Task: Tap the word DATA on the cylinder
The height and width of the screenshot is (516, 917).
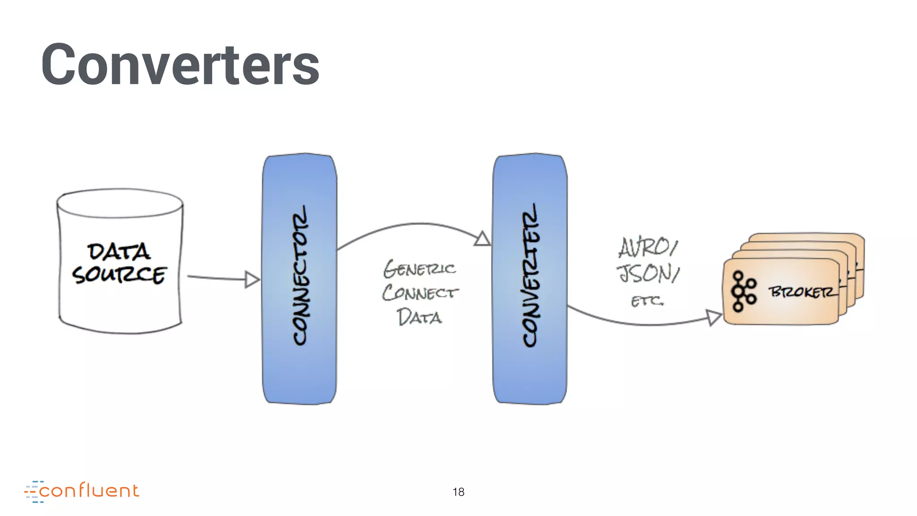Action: [x=119, y=252]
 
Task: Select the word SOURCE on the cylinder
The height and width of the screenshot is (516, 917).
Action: [x=119, y=275]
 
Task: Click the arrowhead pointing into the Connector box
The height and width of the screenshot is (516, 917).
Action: [x=252, y=279]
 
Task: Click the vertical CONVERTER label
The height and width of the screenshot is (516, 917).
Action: [x=530, y=276]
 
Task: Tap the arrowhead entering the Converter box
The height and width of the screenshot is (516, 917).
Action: [x=482, y=239]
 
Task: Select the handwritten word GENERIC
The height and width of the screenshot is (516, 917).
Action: [x=420, y=269]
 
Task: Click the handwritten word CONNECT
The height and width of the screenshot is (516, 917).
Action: [x=420, y=293]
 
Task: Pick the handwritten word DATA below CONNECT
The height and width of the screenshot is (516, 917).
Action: [x=420, y=317]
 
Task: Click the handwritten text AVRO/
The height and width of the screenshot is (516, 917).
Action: [x=648, y=248]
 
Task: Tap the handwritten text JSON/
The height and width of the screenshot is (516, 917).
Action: [x=648, y=273]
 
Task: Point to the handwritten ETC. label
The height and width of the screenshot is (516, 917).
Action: [x=647, y=301]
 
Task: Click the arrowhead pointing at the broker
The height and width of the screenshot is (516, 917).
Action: [x=713, y=317]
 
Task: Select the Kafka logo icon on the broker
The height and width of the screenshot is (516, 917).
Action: [x=743, y=291]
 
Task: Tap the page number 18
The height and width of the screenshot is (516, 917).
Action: [x=458, y=492]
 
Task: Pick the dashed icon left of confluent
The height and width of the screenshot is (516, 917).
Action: [x=33, y=492]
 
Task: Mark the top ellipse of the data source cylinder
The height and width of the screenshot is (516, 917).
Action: [x=120, y=203]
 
